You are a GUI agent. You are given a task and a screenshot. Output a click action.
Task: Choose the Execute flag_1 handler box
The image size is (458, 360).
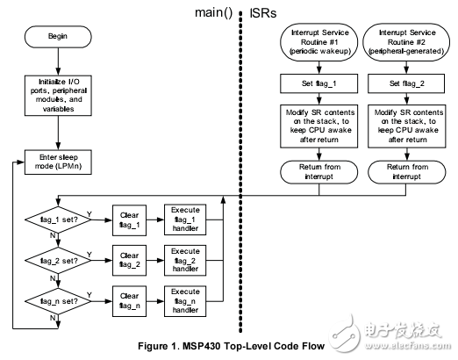(186, 218)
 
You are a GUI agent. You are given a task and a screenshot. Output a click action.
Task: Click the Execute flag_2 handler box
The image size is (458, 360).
(186, 259)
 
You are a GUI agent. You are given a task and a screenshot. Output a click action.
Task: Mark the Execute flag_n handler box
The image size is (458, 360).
(186, 299)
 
